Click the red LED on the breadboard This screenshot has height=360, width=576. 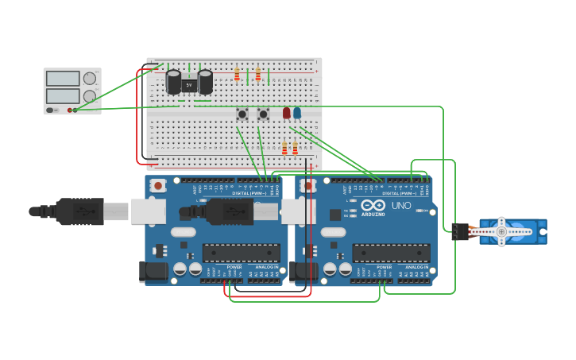click(287, 113)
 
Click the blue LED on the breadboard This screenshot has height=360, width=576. click(297, 113)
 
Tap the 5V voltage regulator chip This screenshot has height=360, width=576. click(189, 84)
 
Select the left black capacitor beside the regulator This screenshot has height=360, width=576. click(173, 82)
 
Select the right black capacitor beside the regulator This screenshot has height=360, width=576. click(205, 82)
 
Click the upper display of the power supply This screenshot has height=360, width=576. click(63, 79)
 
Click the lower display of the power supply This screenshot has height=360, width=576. click(63, 95)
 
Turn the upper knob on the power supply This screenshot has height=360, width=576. click(90, 79)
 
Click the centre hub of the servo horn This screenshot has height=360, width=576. click(501, 231)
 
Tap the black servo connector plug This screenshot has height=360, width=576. click(459, 231)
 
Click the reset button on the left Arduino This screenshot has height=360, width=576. click(158, 186)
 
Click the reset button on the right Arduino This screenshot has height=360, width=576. click(308, 186)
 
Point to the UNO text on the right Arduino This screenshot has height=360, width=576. click(401, 206)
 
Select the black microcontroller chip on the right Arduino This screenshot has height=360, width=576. click(391, 254)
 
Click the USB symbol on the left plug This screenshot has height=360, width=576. click(83, 211)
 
